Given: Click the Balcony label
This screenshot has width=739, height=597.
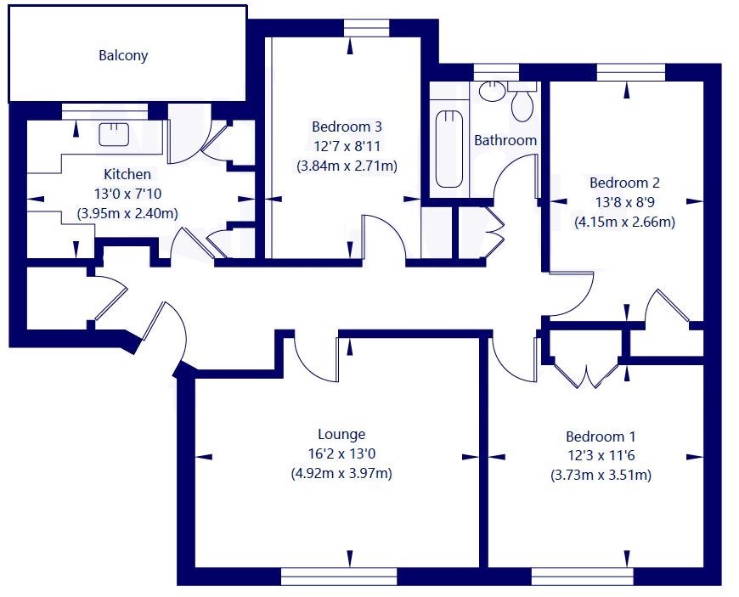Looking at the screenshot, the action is point(123,55).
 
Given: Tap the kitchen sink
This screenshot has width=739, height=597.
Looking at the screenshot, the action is point(114,134).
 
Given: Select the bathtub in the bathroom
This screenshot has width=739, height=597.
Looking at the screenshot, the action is point(448,149).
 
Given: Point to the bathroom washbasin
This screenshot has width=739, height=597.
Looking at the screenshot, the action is point(492,91).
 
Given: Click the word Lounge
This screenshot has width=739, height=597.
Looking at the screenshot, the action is point(341,434).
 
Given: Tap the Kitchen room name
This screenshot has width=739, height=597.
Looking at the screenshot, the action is point(127,174).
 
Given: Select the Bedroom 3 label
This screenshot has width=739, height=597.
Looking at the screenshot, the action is point(347,127).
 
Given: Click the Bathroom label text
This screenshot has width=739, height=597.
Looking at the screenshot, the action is point(505,140).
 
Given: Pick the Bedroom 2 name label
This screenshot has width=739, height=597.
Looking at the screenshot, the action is point(624,183).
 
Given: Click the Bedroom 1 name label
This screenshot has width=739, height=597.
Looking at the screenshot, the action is point(601,436).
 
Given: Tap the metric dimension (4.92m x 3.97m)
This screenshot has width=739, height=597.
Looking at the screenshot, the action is point(341,473).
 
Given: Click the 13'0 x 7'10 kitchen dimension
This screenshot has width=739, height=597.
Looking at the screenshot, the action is point(127,194).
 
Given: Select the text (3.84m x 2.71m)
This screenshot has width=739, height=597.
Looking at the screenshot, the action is point(347,166).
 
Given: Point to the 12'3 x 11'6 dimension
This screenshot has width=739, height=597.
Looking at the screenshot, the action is point(601,456).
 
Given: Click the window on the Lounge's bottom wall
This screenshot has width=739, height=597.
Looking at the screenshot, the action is point(339,576).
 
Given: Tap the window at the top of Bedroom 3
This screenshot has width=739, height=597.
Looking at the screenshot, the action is point(367,28).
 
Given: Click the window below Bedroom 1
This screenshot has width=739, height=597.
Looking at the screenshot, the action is point(582,576).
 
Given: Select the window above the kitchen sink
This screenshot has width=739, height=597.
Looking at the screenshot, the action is point(104,112).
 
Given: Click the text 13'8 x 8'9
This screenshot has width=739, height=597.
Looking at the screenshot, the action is point(624,202).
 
